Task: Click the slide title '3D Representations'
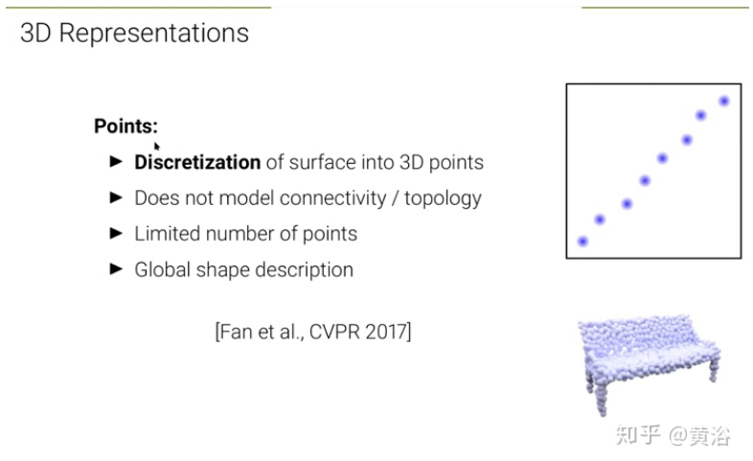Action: pos(134,34)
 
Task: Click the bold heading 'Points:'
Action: pos(125,127)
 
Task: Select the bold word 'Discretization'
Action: pos(197,162)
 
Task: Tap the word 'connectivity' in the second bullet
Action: pos(332,197)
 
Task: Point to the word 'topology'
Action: pos(443,198)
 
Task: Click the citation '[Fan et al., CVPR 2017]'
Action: pos(313,332)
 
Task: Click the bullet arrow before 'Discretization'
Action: pos(116,161)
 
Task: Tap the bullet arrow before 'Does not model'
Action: pos(116,197)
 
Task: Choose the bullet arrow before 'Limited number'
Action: pos(116,233)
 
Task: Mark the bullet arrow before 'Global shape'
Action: pos(116,269)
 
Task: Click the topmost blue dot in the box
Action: pos(723,101)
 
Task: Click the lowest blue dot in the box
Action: pos(582,242)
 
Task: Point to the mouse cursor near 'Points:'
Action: pos(156,147)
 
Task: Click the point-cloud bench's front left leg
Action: pos(601,399)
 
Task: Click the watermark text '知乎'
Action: pos(638,435)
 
